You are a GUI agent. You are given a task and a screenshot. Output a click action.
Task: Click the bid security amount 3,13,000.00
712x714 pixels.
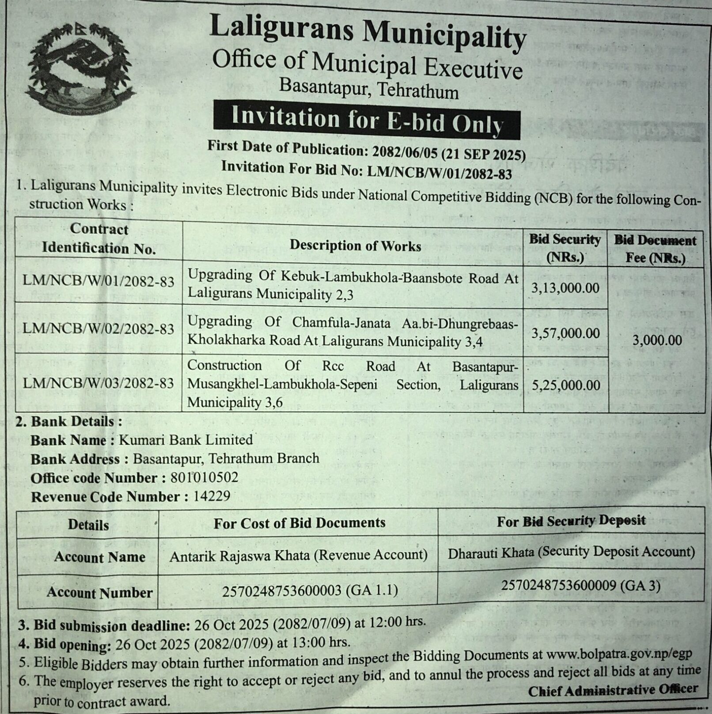pyautogui.click(x=565, y=288)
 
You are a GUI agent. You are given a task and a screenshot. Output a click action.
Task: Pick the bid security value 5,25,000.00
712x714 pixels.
pyautogui.click(x=566, y=385)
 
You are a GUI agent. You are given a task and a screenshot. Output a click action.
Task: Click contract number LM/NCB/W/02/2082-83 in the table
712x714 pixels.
pyautogui.click(x=98, y=329)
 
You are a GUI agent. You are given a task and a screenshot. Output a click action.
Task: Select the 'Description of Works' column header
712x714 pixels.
pyautogui.click(x=355, y=246)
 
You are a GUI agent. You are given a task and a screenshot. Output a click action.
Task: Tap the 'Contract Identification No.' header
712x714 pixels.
pyautogui.click(x=98, y=238)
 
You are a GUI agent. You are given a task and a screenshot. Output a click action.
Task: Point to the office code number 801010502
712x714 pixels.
pyautogui.click(x=204, y=478)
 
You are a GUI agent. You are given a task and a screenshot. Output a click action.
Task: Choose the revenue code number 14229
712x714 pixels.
pyautogui.click(x=212, y=497)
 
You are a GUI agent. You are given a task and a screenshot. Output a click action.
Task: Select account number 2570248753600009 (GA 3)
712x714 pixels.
pyautogui.click(x=581, y=586)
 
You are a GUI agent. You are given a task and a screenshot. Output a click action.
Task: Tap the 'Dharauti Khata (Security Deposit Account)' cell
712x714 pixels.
pyautogui.click(x=571, y=552)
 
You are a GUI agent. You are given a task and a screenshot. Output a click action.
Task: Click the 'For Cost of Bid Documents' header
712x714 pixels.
pyautogui.click(x=299, y=523)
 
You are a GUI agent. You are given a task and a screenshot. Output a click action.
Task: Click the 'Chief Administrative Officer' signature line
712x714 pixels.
pyautogui.click(x=613, y=690)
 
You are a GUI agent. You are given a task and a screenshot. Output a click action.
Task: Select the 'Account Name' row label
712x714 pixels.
pyautogui.click(x=99, y=557)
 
